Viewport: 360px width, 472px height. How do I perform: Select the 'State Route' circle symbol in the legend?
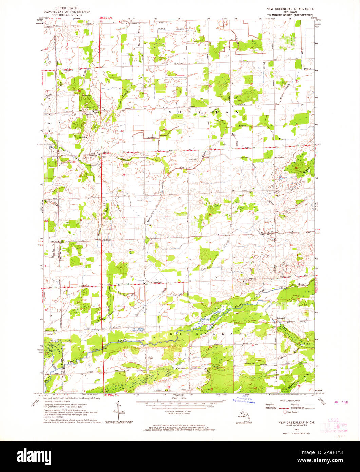(x=285, y=412)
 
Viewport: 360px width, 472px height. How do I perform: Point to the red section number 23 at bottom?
(x=255, y=387)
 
